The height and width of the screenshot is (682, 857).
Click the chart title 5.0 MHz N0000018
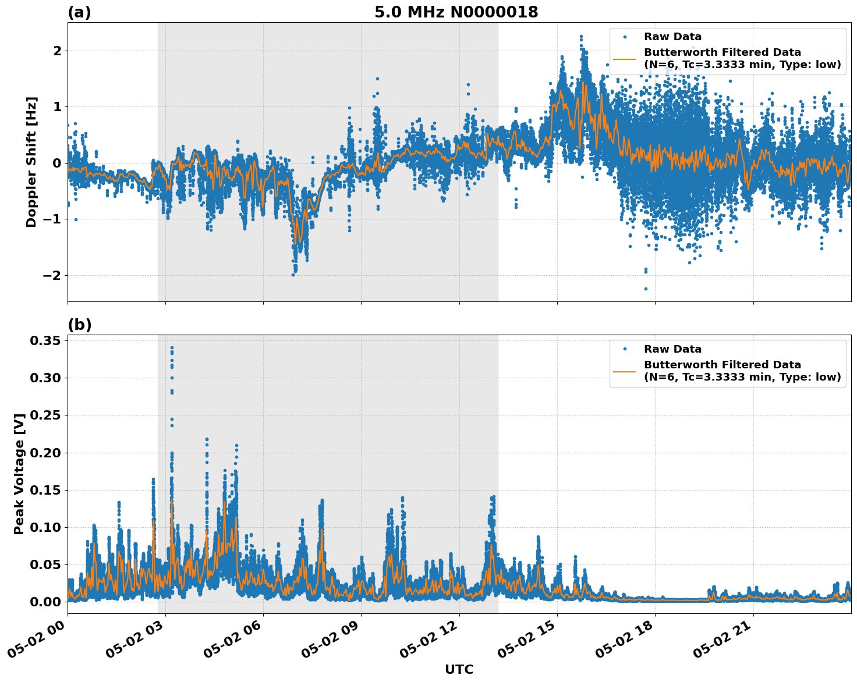coord(456,12)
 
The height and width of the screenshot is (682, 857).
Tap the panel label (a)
coord(79,12)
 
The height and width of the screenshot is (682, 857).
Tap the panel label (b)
coord(79,325)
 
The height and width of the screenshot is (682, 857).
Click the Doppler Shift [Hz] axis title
coord(31,162)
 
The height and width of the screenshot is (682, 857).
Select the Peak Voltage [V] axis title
coord(19,474)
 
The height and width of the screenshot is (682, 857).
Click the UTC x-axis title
coord(459,669)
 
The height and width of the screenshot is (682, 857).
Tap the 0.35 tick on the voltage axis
coord(46,340)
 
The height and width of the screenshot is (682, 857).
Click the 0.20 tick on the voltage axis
coord(46,453)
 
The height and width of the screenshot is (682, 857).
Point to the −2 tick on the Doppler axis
coord(52,275)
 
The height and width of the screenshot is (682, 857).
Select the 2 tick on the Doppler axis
coord(57,51)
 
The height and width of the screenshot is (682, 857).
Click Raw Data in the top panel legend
coord(672,37)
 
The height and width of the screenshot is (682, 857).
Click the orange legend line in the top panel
coord(624,59)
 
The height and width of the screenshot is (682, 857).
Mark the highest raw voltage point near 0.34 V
coord(172,347)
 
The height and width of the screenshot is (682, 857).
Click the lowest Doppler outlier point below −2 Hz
coord(645,289)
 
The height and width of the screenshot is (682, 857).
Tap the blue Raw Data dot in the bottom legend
coord(625,349)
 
